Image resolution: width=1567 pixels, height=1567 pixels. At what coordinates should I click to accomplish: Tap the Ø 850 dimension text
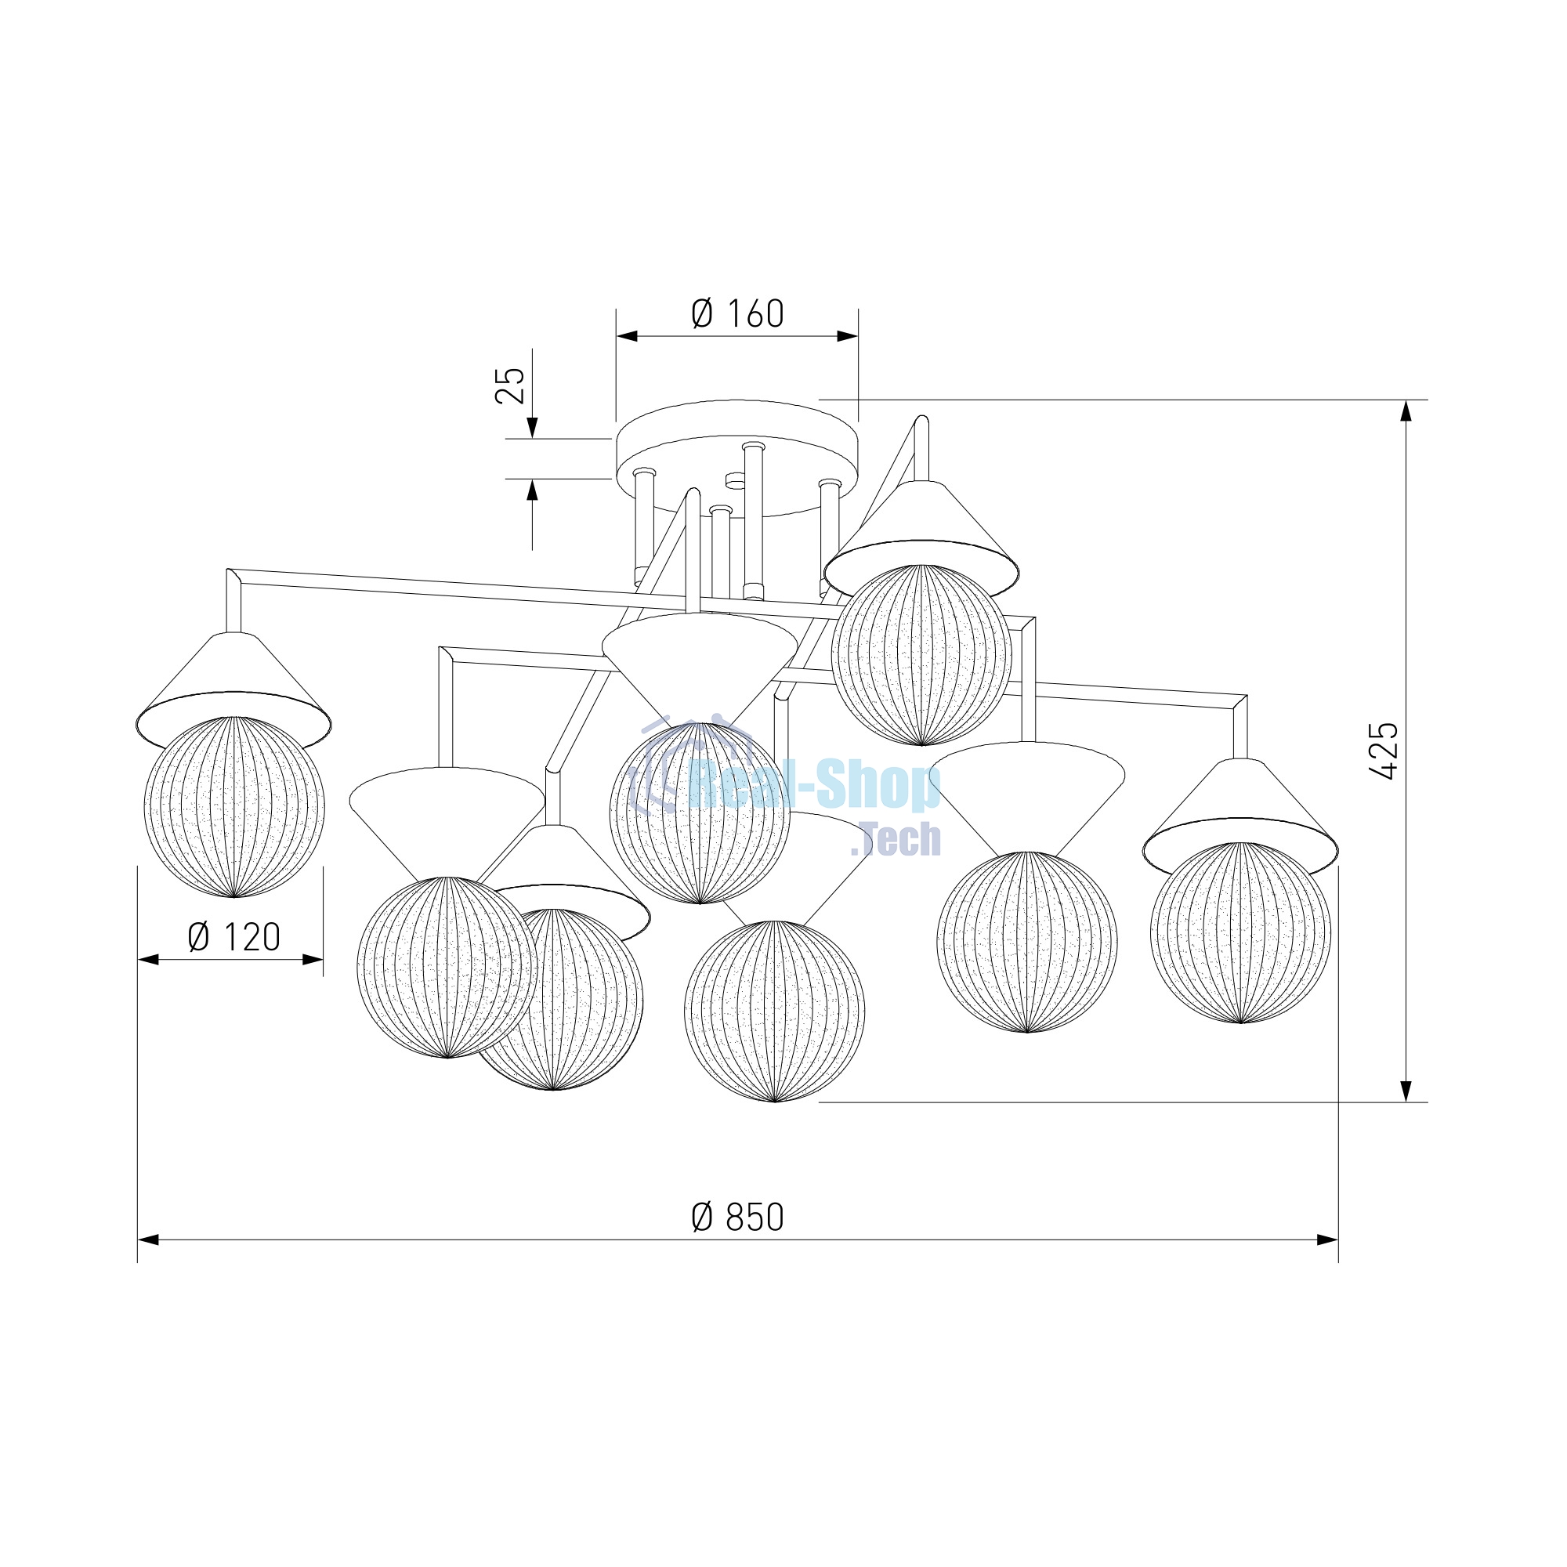click(x=737, y=1241)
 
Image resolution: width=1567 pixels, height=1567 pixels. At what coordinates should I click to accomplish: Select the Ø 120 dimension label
click(x=233, y=938)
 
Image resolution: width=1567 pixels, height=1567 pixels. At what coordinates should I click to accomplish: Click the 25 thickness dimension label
click(x=510, y=385)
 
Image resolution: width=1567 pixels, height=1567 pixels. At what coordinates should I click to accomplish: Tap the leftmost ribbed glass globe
click(x=233, y=806)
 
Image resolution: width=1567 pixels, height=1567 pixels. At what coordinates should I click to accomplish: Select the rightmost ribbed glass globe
click(x=1240, y=932)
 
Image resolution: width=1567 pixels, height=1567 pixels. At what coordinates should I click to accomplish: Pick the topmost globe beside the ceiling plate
click(x=921, y=654)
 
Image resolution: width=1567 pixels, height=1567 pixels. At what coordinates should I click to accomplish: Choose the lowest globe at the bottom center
click(x=775, y=1011)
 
